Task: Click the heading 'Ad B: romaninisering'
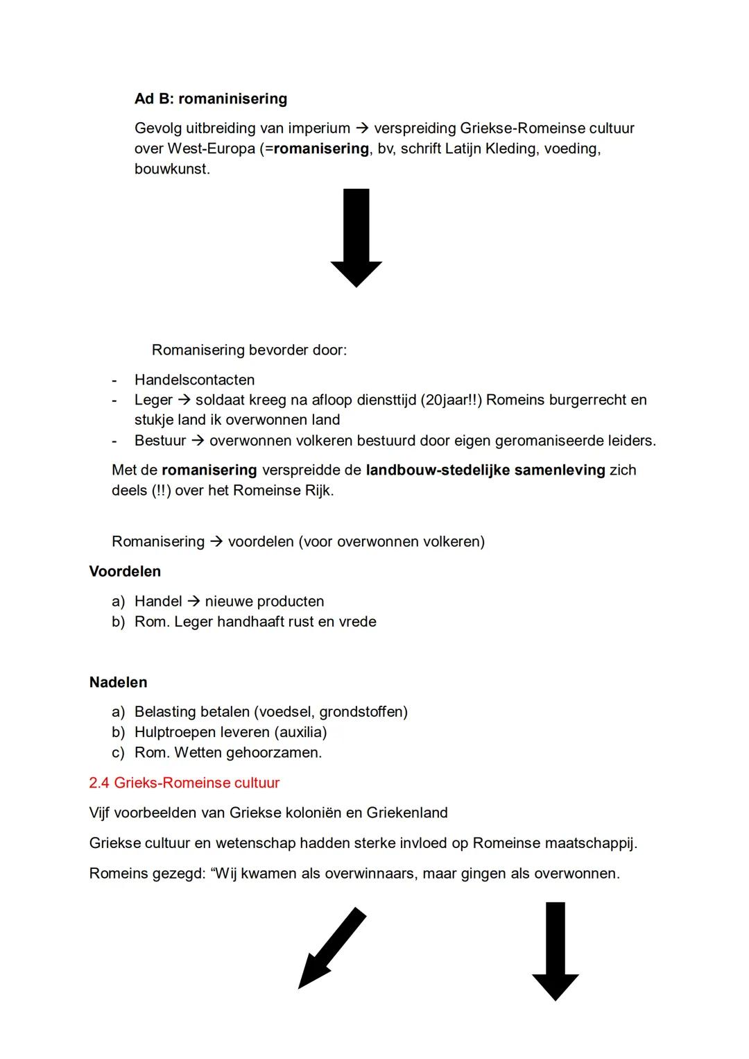point(211,99)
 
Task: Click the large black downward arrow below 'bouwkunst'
point(356,238)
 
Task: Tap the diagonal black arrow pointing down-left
point(331,947)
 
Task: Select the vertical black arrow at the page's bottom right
point(556,951)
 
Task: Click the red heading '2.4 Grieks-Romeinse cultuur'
point(184,783)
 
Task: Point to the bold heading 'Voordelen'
point(125,571)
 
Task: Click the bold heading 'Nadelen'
point(118,682)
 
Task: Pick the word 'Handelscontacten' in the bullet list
point(194,380)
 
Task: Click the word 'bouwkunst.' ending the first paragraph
point(172,169)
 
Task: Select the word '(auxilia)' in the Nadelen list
point(300,732)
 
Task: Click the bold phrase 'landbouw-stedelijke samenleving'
point(485,470)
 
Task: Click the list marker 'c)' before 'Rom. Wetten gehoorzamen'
point(118,752)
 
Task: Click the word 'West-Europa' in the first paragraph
point(212,149)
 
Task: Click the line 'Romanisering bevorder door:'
point(249,350)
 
